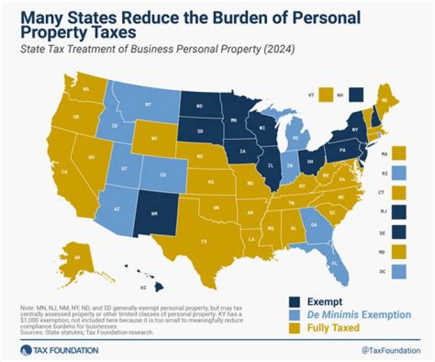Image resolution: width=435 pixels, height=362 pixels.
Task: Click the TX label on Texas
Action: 204,241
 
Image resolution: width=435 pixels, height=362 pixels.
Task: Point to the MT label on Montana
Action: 148,104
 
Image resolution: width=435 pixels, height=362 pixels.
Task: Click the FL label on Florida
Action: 336,263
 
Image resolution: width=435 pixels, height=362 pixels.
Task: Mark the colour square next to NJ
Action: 399,211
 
